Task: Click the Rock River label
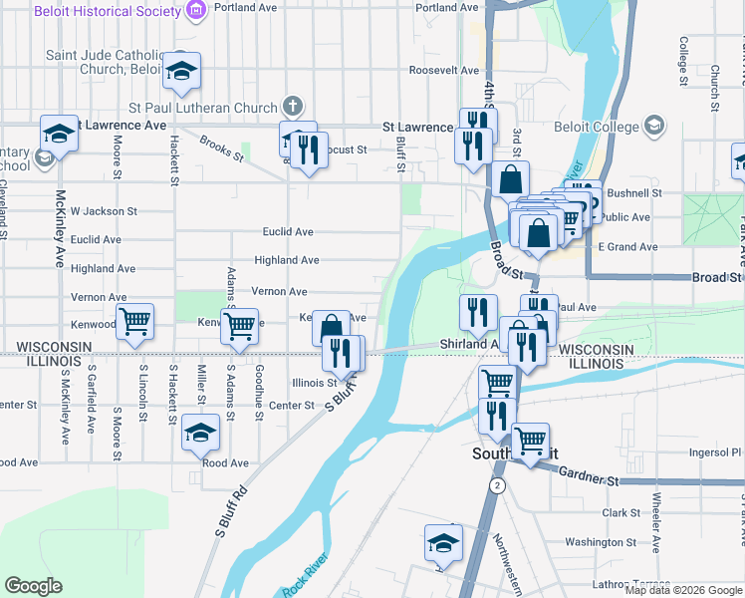click(305, 577)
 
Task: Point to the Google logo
click(33, 585)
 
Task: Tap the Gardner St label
click(589, 479)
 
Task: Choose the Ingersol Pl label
click(715, 451)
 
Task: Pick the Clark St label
click(621, 512)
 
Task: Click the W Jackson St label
click(103, 211)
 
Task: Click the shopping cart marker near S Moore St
click(134, 321)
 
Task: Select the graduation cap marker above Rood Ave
click(200, 433)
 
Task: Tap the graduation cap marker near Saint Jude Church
click(181, 70)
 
